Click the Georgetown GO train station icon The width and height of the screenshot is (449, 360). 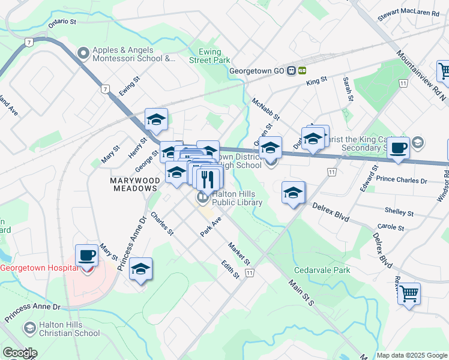(x=291, y=70)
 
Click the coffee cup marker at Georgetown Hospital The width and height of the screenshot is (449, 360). (x=87, y=256)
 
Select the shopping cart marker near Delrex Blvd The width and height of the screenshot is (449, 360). (x=409, y=294)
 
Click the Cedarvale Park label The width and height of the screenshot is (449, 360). (x=322, y=270)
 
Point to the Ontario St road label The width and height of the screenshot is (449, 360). (x=62, y=21)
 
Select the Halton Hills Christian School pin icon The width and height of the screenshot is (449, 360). (x=29, y=328)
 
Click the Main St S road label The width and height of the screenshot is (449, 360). (x=301, y=292)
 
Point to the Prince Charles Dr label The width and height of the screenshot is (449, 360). (x=402, y=180)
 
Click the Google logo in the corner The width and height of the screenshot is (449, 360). (x=19, y=353)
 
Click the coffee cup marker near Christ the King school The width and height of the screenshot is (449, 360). (x=398, y=148)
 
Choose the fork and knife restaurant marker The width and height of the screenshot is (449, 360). (x=208, y=178)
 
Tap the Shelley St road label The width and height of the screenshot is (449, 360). (x=399, y=212)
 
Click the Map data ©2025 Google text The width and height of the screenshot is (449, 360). (x=411, y=355)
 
